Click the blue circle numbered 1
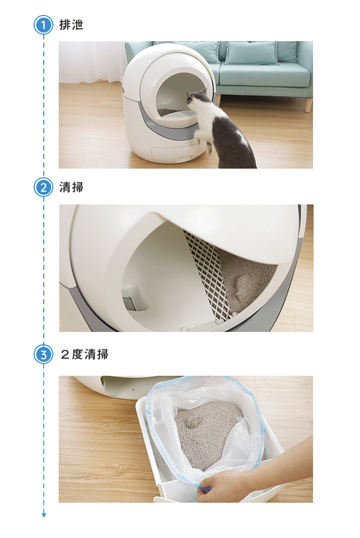(x=44, y=25)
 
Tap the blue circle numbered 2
(x=44, y=187)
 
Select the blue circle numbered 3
(x=44, y=354)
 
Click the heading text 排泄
(x=71, y=25)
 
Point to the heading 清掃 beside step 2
(x=71, y=187)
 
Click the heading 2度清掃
(x=85, y=354)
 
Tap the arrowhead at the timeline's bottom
(x=44, y=515)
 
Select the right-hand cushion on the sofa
(x=251, y=52)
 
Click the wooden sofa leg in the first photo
(x=309, y=104)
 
